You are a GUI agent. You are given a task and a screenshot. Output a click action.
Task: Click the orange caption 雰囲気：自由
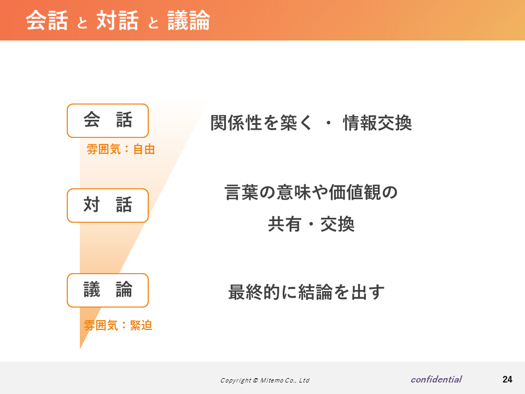click(x=121, y=149)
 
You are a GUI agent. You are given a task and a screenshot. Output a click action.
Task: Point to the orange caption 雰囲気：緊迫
click(x=118, y=325)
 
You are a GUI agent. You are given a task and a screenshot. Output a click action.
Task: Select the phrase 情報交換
click(x=377, y=123)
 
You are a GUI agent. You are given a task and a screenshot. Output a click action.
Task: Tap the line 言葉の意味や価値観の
click(x=311, y=192)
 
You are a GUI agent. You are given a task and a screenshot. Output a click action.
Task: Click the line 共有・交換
click(x=311, y=224)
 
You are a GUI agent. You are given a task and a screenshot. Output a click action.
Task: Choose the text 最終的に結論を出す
click(x=306, y=292)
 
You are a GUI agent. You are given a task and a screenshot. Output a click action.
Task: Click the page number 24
click(x=507, y=379)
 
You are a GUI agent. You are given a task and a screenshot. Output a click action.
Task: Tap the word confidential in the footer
click(x=436, y=379)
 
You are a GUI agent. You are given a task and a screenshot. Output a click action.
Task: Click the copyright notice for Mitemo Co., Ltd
click(x=265, y=380)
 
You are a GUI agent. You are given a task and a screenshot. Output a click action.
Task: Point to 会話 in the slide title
click(x=47, y=20)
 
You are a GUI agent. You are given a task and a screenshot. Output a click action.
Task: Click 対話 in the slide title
click(x=118, y=20)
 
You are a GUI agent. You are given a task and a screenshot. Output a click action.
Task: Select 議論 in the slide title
click(x=189, y=20)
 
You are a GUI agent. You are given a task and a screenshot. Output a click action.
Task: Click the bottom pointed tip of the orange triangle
click(x=80, y=349)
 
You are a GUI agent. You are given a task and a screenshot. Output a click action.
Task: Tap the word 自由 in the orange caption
click(x=144, y=149)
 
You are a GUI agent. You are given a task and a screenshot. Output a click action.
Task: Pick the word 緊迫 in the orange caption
click(x=141, y=325)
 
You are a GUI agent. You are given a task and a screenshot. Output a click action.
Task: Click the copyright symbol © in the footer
click(x=255, y=380)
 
